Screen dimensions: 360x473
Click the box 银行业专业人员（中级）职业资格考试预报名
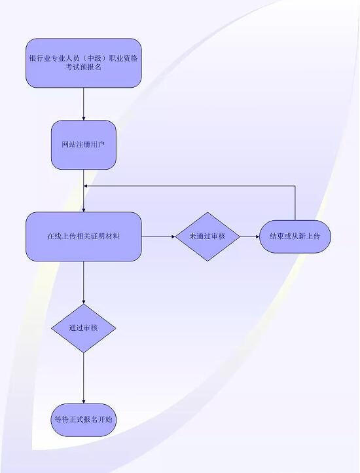tap(84, 63)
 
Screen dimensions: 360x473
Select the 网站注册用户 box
tap(84, 145)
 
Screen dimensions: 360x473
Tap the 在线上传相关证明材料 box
tap(84, 236)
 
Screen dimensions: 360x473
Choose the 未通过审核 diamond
tap(207, 236)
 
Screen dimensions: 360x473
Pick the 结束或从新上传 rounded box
tap(295, 236)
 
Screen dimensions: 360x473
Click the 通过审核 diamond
tap(84, 328)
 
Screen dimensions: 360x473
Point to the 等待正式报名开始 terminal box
tap(84, 419)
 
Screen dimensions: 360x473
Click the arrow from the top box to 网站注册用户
tap(84, 104)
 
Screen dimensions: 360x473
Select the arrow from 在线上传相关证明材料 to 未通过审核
tap(158, 236)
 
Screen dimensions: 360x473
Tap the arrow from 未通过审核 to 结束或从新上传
tap(250, 236)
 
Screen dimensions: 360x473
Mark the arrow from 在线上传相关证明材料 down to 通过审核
tap(84, 282)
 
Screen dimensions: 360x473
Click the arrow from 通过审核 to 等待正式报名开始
tap(84, 378)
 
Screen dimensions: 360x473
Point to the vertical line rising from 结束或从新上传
tap(295, 203)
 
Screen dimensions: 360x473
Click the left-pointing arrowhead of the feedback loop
tap(86, 186)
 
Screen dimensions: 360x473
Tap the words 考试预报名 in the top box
tap(84, 67)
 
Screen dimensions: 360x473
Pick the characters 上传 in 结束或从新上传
tap(314, 236)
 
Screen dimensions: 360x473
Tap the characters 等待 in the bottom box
tap(62, 419)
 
